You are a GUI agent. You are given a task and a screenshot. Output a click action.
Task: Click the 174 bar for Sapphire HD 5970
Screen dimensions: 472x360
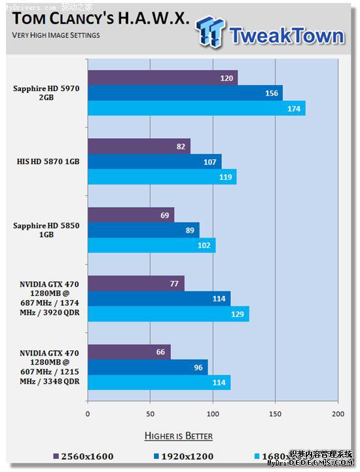196,109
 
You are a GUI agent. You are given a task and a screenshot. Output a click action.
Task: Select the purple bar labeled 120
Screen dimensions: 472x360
162,78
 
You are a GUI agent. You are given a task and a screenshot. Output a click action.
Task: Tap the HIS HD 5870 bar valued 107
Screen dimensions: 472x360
154,161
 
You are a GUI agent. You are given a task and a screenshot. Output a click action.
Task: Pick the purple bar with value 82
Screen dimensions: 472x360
139,146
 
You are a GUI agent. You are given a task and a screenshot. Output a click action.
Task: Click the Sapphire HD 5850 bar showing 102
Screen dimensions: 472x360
151,245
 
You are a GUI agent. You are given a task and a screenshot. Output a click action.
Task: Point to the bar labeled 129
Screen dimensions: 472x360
168,314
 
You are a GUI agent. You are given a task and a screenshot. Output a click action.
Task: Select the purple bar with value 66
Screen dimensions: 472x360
129,352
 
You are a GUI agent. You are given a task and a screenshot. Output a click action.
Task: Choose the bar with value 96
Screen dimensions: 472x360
147,367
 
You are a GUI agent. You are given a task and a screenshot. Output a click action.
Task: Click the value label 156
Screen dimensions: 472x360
271,93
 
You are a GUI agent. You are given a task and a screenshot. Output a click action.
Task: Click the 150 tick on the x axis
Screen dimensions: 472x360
275,414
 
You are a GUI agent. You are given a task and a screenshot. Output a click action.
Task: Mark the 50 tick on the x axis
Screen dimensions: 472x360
150,414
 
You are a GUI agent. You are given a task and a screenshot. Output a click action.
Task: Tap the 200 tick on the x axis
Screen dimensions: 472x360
337,414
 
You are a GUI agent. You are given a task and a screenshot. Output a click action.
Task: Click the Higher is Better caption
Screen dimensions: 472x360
178,435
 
